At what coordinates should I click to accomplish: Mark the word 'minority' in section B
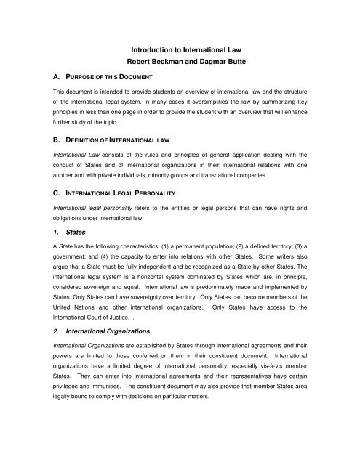[x=196, y=170]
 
